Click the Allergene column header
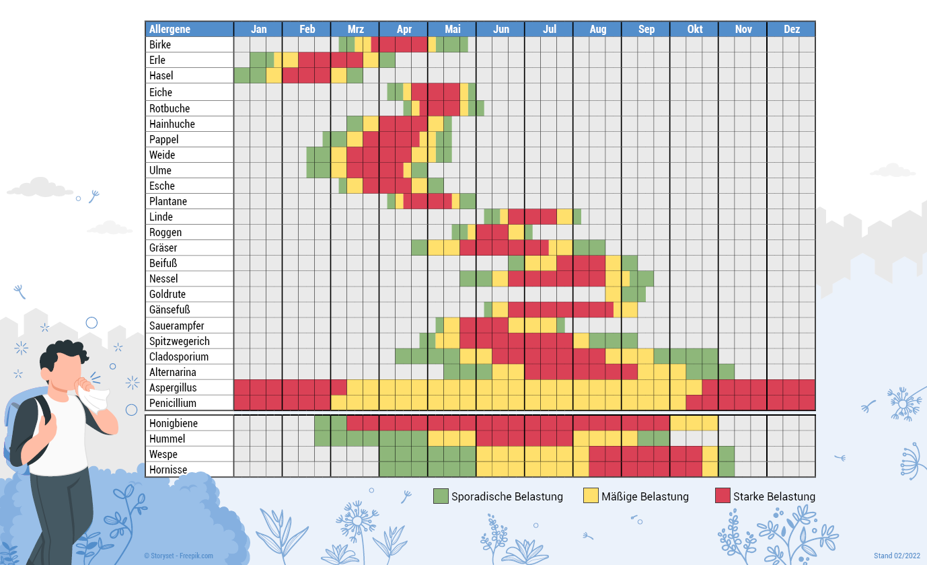coord(170,29)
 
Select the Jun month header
coord(500,29)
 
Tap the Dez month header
coord(791,29)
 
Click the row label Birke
coord(160,44)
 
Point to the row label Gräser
coord(163,248)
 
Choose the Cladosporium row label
coord(179,356)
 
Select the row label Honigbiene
coord(173,423)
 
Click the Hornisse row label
coord(168,469)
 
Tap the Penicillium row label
coord(173,403)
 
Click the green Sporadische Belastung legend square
coord(441,496)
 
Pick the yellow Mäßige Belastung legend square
coord(591,496)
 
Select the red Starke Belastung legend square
coord(722,496)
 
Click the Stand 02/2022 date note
coord(896,556)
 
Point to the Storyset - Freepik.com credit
coord(178,556)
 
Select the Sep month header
coord(646,29)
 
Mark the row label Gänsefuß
coord(170,309)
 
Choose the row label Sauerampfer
coord(177,326)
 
